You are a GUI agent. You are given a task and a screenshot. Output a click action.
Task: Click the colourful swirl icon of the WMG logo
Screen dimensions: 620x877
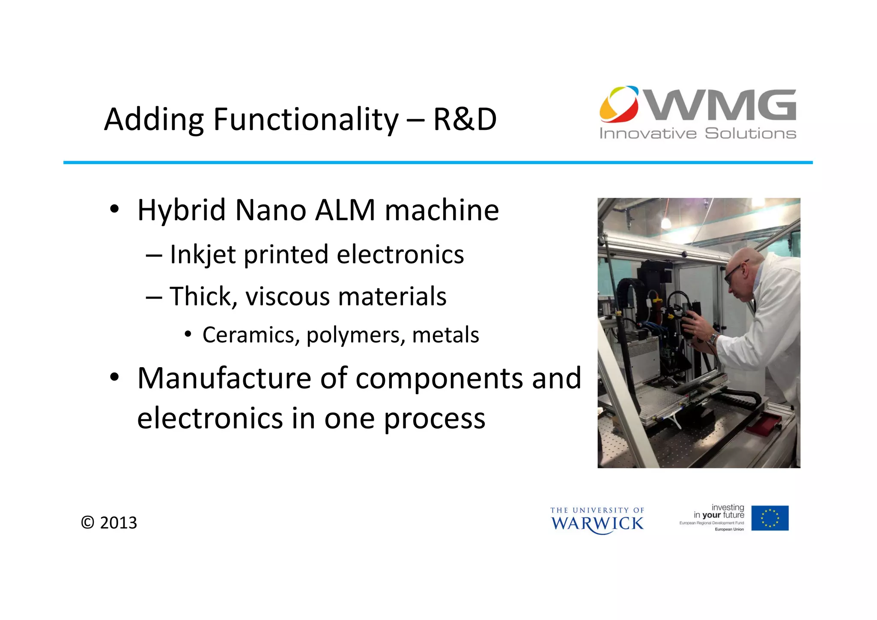pos(619,104)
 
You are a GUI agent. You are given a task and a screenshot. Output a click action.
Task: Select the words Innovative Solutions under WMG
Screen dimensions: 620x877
pos(698,133)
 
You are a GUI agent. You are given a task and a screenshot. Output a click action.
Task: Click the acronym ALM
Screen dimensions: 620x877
pos(345,210)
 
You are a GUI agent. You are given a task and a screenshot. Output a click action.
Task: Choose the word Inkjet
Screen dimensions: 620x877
pos(203,255)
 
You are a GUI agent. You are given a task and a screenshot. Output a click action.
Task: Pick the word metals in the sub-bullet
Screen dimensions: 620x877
pos(445,335)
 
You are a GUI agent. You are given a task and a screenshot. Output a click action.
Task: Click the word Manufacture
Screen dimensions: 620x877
pos(224,378)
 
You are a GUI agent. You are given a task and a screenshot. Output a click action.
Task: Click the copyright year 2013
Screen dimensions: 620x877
pos(118,523)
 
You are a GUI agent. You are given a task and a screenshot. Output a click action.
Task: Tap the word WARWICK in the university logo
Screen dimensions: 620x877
pos(597,524)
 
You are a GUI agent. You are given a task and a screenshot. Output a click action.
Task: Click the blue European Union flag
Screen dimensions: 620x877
pos(770,518)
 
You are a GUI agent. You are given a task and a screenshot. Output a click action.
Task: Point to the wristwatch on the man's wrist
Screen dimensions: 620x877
pos(713,338)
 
